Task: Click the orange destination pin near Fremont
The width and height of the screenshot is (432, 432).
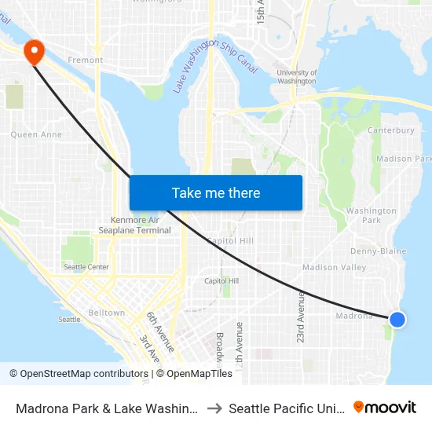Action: point(35,51)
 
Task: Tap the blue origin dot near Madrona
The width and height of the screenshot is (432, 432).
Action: point(397,319)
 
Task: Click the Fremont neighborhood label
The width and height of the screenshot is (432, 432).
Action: point(85,60)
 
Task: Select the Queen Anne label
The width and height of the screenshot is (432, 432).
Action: point(35,134)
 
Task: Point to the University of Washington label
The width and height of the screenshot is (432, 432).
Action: point(297,76)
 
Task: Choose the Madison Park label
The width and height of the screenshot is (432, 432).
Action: point(404,159)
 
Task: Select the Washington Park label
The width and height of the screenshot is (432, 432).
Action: point(371,215)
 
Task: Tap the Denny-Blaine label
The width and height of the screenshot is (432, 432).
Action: point(378,251)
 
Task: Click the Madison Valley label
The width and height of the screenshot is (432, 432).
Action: point(334,267)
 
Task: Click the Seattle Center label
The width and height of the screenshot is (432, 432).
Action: point(86,267)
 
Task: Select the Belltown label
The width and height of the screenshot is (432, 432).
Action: point(106,313)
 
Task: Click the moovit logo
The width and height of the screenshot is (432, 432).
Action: point(384,407)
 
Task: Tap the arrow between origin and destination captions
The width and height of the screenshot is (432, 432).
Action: point(213,408)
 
